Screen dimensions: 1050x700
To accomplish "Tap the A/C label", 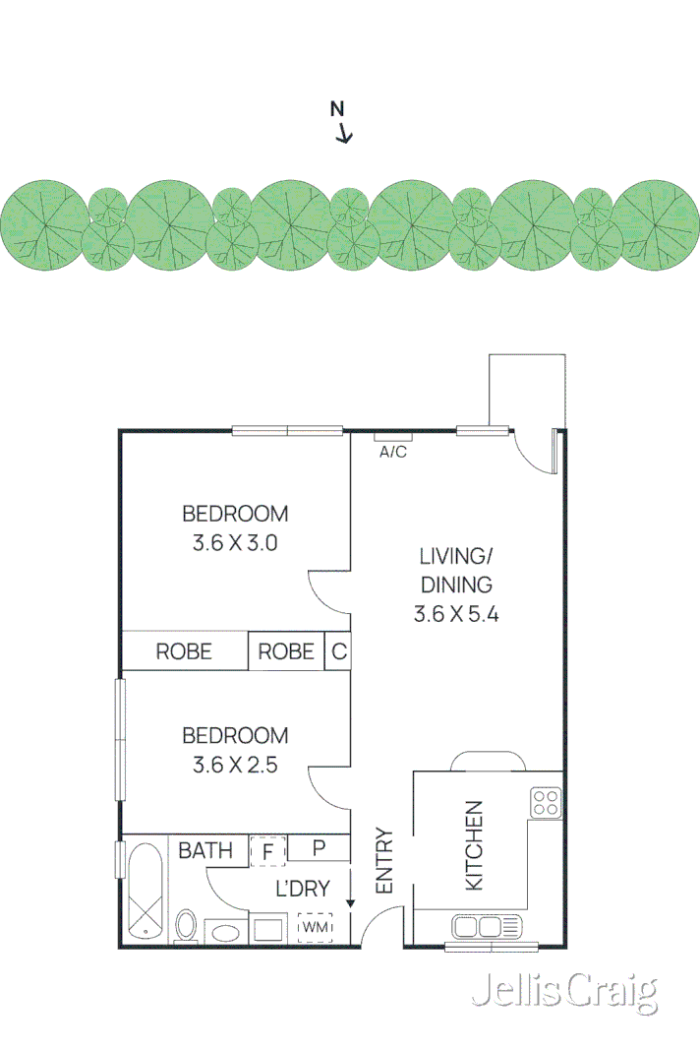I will (393, 452).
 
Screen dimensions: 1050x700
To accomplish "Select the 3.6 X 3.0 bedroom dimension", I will (235, 542).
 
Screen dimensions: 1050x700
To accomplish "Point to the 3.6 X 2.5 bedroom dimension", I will (235, 764).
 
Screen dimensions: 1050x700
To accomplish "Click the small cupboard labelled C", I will (338, 651).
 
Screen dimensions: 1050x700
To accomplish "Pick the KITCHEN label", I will (474, 845).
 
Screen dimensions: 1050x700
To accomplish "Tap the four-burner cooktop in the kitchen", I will (546, 803).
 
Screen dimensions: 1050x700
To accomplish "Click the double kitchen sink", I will (487, 926).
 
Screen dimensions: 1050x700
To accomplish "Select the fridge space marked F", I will (266, 849).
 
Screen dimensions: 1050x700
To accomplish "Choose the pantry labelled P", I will (319, 848).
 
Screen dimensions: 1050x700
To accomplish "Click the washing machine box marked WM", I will (315, 927).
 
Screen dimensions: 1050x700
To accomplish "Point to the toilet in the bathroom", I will (186, 926).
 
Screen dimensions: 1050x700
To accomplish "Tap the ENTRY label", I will (383, 861).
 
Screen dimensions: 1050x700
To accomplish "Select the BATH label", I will (205, 850).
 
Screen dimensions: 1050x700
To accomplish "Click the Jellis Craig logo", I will (563, 993).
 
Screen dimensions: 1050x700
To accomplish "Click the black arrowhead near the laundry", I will (350, 901).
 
